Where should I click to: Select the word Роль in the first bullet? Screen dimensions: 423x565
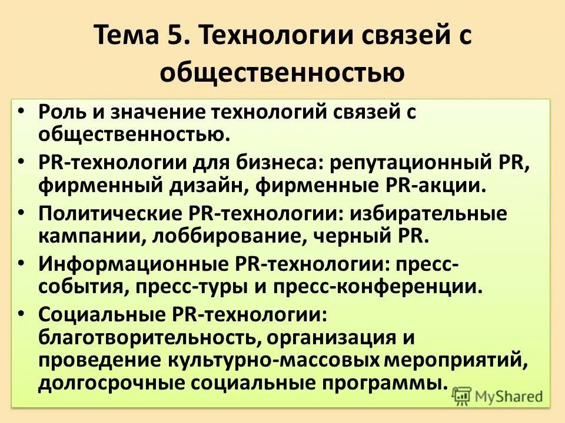click(64, 112)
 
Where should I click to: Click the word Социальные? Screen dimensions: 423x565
click(98, 314)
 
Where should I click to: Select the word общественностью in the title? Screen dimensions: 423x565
click(282, 72)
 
